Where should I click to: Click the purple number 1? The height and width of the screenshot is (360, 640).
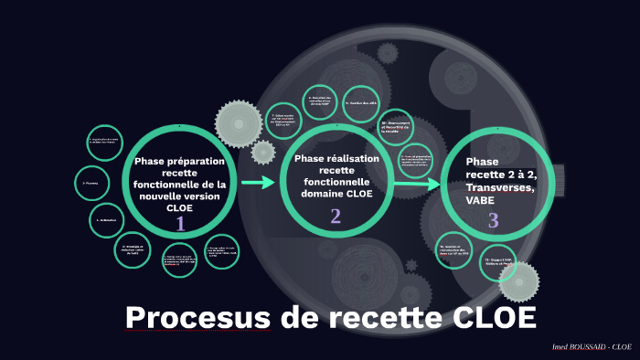[180, 224]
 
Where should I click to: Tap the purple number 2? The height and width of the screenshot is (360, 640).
[336, 217]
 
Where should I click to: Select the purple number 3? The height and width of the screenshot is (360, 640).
[493, 220]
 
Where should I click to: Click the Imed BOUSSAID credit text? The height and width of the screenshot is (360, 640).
[591, 347]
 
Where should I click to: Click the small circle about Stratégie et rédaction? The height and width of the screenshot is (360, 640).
[133, 249]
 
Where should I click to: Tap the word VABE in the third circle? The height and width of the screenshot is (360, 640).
[480, 200]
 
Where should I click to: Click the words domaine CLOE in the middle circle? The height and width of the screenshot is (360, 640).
[336, 194]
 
